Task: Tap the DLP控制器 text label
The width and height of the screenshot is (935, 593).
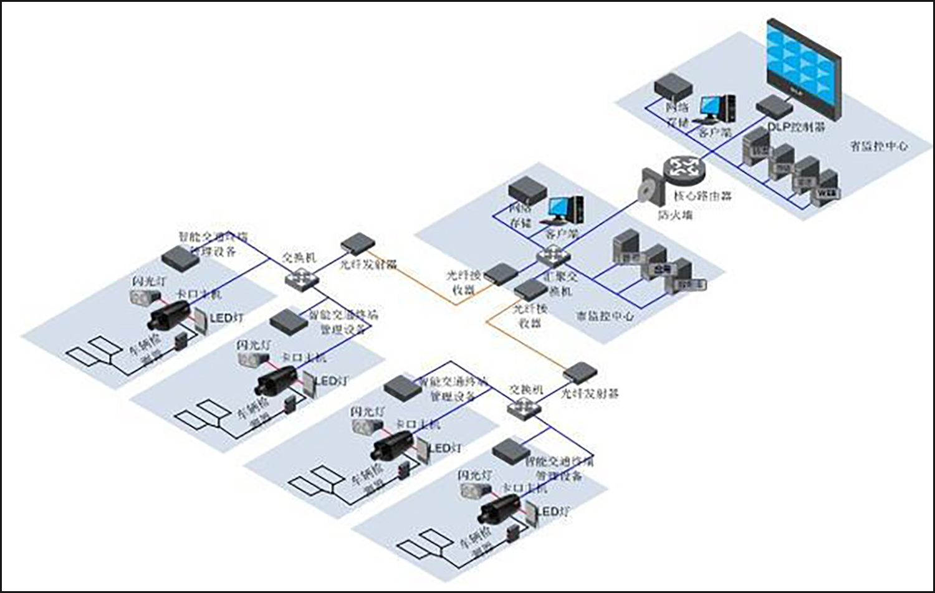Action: tap(796, 126)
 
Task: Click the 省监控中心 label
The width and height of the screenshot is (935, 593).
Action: tap(879, 146)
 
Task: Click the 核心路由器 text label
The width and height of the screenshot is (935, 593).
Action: tap(702, 196)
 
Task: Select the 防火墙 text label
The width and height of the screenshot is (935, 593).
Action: tap(675, 215)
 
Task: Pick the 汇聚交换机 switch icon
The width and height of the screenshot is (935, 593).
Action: tap(552, 256)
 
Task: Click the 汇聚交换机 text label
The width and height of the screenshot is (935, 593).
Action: tap(560, 283)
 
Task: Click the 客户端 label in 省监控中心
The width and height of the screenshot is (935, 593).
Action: tap(714, 133)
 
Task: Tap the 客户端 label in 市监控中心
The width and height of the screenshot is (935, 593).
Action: tap(562, 234)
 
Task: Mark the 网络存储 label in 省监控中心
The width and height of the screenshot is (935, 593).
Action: tap(678, 115)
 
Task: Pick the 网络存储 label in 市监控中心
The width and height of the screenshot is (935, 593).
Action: tap(520, 215)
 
